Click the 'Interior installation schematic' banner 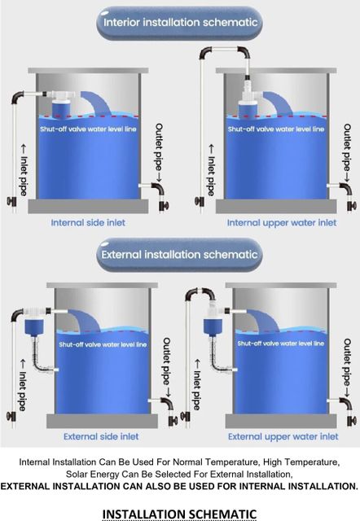pos(179,23)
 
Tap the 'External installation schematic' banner pos(179,255)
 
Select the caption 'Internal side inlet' pos(88,222)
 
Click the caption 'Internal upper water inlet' pos(282,222)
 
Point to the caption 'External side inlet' pos(101,436)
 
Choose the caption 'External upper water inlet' pos(283,436)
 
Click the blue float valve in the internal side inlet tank pos(64,107)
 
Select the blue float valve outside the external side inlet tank pos(34,326)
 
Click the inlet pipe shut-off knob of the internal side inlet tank pos(11,201)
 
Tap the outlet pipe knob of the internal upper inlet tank pos(352,206)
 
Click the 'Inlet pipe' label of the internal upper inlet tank pos(211,170)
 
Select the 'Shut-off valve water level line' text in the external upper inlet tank pos(281,344)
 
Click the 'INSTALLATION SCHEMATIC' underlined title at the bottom pos(179,514)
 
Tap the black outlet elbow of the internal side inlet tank pos(158,189)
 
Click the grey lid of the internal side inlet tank pos(88,71)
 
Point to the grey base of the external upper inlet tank pos(281,421)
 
